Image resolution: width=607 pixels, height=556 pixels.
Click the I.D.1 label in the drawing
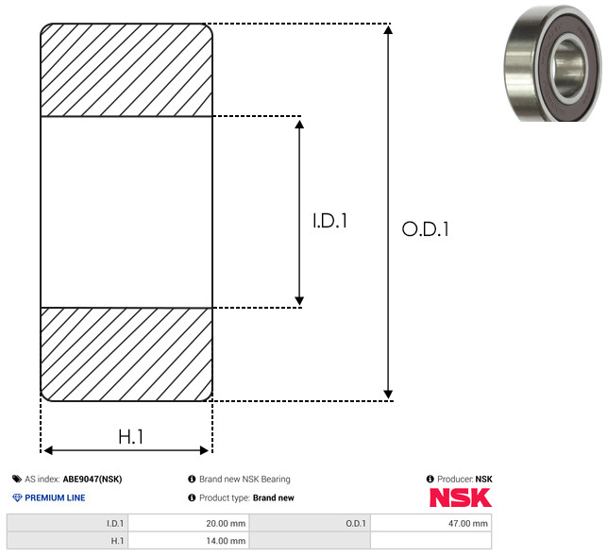[329, 220]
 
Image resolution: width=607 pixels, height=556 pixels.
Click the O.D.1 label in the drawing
[426, 228]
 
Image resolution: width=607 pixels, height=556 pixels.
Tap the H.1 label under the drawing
[131, 437]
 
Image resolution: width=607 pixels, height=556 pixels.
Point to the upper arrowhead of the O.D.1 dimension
[388, 29]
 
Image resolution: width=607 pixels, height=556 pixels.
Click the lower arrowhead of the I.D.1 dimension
[299, 301]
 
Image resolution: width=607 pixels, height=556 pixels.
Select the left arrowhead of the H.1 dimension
[48, 450]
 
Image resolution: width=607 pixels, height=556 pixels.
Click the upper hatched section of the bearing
[126, 70]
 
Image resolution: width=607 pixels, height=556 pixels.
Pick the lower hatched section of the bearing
[126, 354]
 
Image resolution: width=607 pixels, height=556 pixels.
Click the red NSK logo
[461, 497]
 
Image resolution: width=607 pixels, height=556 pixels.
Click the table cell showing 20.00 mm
[189, 523]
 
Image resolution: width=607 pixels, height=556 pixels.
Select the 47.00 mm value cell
[430, 523]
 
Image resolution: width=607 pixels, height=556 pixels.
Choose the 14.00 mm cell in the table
[189, 541]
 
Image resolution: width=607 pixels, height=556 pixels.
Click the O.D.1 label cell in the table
[310, 523]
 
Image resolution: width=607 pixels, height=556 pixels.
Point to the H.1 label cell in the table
[67, 541]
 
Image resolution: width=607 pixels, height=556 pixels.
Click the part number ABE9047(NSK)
[93, 479]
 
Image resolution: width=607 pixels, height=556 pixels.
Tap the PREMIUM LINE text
[55, 497]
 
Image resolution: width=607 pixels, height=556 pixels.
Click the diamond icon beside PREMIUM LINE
[17, 497]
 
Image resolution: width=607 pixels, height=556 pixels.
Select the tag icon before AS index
[17, 479]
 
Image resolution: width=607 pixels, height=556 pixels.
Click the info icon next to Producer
[430, 479]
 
